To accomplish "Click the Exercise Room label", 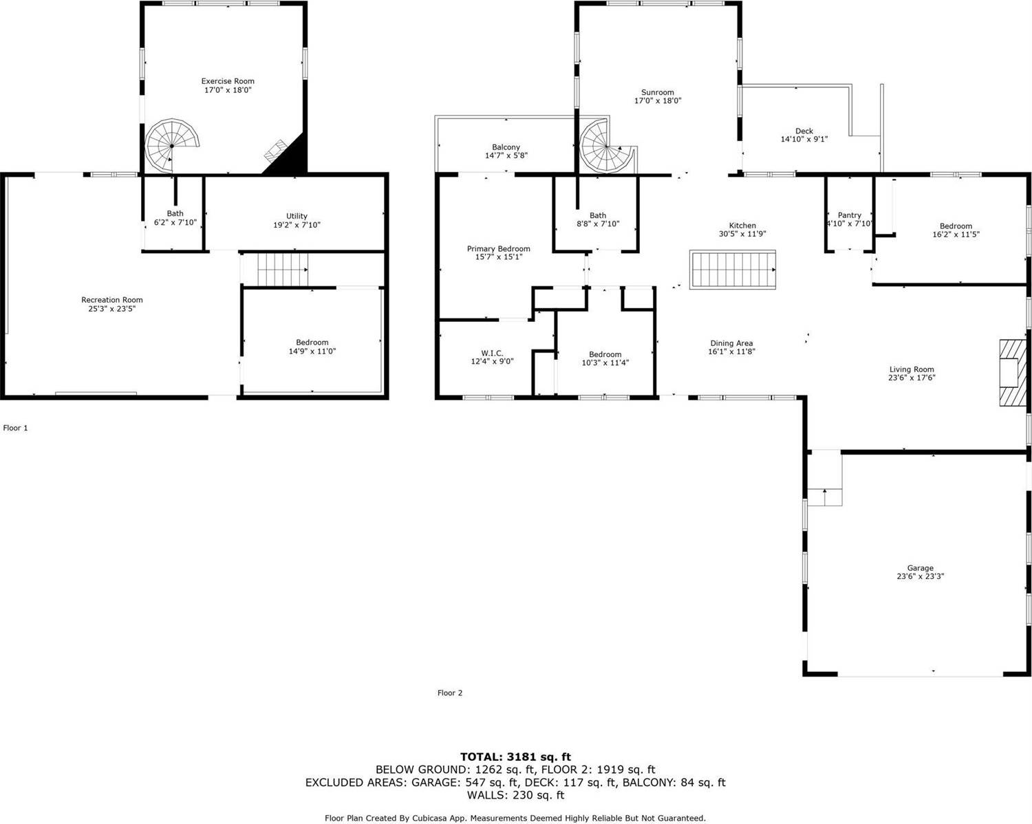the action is [x=228, y=81].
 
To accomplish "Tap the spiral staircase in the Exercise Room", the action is [x=172, y=145].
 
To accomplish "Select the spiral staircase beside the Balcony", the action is [x=607, y=147].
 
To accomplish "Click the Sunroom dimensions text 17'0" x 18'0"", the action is [x=658, y=100].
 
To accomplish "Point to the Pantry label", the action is [x=849, y=215].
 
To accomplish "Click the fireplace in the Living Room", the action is [x=1013, y=373].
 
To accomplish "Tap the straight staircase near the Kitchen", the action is [x=733, y=270].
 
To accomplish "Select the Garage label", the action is [x=920, y=568].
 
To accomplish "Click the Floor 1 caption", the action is [x=15, y=428].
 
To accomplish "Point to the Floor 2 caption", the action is [x=450, y=693].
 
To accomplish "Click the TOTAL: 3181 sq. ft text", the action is [x=515, y=757].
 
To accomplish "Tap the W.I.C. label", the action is [x=492, y=353].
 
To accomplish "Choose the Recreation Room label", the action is [x=111, y=300].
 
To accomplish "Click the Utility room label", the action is [x=297, y=216].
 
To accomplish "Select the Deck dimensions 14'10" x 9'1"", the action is [x=804, y=140].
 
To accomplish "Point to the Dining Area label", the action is [x=731, y=343].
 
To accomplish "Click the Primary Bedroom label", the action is [x=498, y=249].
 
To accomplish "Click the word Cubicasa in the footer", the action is [x=431, y=818].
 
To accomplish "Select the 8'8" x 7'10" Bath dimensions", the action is [x=597, y=224].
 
